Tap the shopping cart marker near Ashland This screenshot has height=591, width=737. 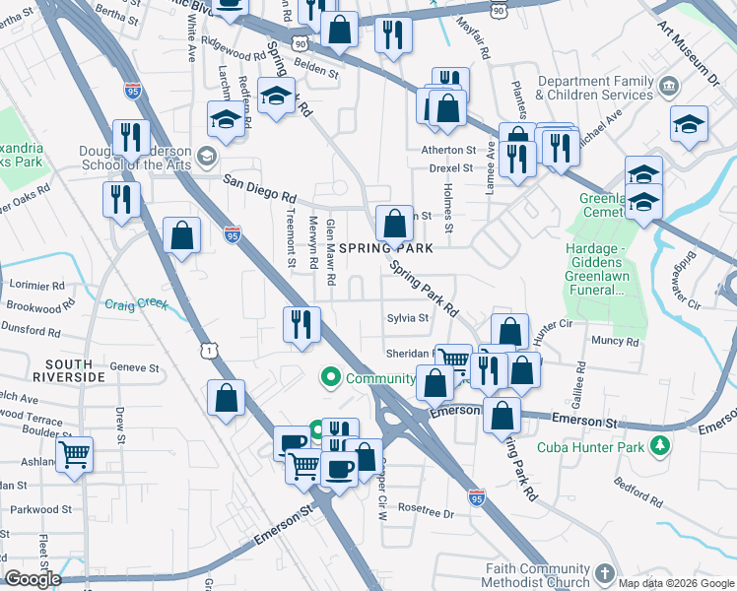[74, 455]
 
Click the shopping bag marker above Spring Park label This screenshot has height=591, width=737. [394, 223]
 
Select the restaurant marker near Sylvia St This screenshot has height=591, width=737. [301, 324]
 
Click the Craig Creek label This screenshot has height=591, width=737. [137, 303]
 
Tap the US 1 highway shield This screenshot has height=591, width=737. [207, 351]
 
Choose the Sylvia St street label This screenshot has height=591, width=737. [407, 318]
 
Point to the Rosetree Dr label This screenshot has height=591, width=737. [426, 513]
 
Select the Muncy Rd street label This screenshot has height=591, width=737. [615, 341]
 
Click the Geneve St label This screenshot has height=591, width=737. [135, 367]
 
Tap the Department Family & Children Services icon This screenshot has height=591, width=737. [670, 87]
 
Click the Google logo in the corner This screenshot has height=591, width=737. [33, 580]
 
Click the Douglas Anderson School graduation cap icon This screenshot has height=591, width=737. [207, 155]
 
